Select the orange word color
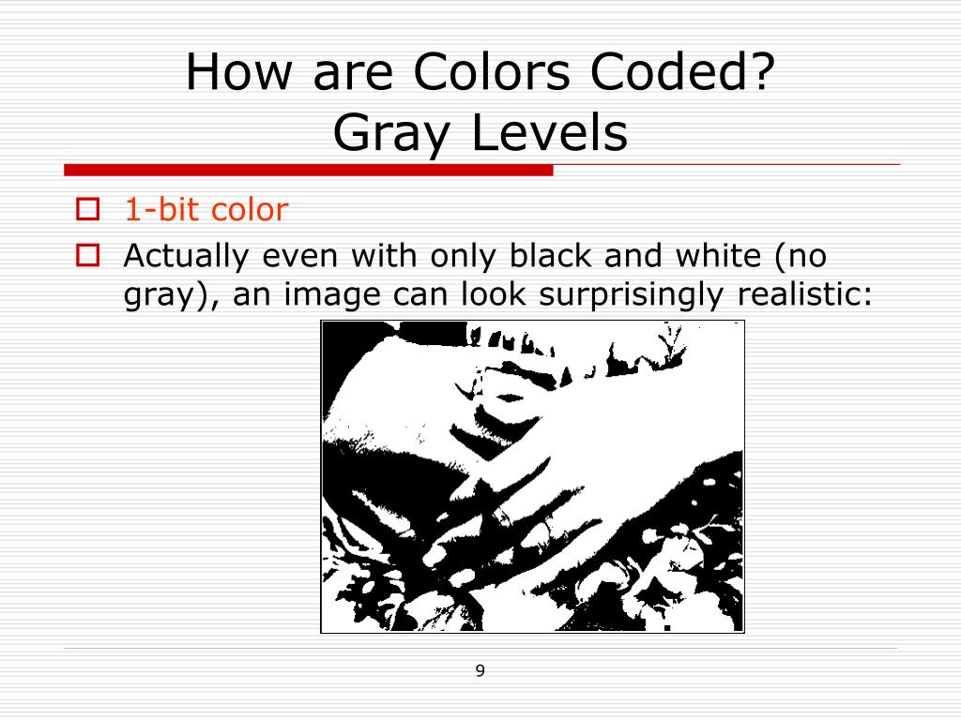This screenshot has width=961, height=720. pos(249,210)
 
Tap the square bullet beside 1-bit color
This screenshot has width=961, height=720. pos(87,208)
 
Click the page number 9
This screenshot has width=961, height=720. pos(480,670)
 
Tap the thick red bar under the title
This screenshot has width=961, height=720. pos(309,170)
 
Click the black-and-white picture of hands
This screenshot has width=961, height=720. pos(532,476)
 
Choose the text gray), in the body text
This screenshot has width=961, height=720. pos(173,296)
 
